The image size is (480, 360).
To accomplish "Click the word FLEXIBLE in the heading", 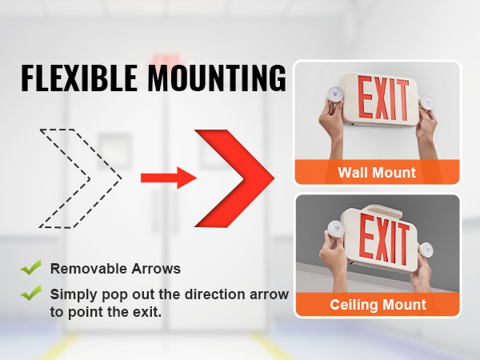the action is [x=79, y=78].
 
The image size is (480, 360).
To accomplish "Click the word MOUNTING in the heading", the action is [x=217, y=78].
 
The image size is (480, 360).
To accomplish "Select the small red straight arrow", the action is [x=169, y=178].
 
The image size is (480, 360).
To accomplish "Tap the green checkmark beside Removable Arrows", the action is [x=31, y=267].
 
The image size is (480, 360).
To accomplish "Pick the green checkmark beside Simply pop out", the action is [x=31, y=293].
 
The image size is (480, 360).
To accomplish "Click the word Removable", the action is [x=89, y=269].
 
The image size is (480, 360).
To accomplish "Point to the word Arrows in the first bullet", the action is [x=156, y=269].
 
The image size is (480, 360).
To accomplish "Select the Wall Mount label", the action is [x=377, y=172].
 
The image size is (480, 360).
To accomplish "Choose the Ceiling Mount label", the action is [x=378, y=305].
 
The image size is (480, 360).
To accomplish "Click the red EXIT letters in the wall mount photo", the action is [x=383, y=98].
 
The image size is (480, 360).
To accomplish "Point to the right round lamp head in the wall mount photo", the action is [x=426, y=103].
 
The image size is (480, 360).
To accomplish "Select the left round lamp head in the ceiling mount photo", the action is [x=336, y=230].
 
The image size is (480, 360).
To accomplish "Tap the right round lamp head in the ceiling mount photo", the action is [x=426, y=250].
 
